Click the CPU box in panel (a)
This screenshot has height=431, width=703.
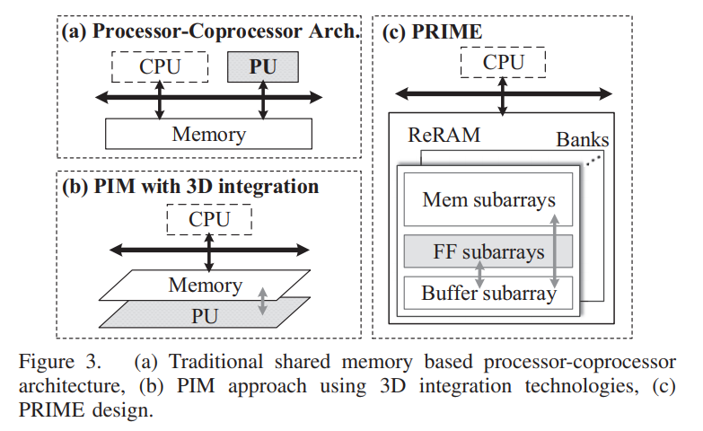(160, 66)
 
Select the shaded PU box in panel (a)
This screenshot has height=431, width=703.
(263, 66)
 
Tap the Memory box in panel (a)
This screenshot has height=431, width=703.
(208, 135)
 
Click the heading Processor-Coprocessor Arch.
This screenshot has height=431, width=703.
(211, 32)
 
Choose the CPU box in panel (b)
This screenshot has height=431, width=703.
(209, 218)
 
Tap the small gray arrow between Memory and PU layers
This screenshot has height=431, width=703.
(262, 301)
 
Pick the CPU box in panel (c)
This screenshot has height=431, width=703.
(503, 62)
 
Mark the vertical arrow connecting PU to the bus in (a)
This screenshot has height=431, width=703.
(263, 100)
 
